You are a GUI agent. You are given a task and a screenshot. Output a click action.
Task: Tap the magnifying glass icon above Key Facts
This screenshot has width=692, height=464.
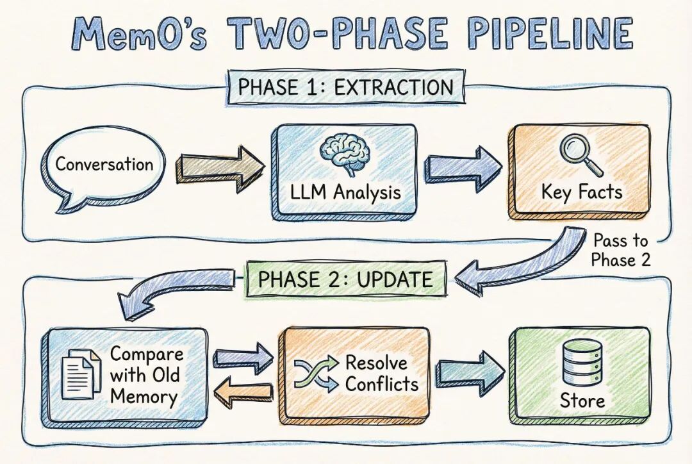tap(581, 154)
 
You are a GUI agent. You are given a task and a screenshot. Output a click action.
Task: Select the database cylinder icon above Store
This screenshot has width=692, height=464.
tap(581, 363)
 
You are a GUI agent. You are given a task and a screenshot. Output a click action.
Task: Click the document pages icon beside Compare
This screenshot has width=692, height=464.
tap(81, 372)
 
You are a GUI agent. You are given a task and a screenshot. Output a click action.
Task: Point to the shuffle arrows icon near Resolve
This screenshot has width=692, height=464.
tap(316, 375)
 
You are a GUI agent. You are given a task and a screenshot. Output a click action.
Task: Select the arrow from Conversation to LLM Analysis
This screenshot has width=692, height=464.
tap(220, 169)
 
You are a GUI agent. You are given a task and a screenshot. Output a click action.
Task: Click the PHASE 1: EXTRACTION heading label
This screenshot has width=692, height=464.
tap(345, 88)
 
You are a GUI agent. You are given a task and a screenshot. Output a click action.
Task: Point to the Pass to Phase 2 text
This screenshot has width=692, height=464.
tap(620, 250)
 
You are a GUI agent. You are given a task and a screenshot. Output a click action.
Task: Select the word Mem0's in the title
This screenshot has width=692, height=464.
tap(138, 35)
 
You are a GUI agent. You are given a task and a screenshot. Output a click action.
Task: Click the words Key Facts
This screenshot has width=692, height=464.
tap(581, 192)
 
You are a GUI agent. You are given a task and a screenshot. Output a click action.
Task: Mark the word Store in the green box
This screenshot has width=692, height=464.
tap(582, 401)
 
